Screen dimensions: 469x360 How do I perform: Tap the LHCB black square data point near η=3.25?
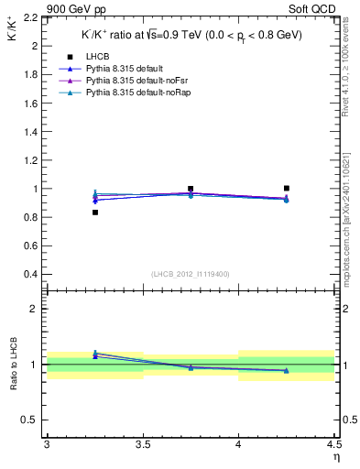[94, 213]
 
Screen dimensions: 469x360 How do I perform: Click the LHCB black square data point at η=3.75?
[191, 189]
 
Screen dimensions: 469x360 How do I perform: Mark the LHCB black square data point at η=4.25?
[287, 188]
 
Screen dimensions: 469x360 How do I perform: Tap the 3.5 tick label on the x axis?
[143, 445]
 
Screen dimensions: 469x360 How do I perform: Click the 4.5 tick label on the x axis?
[333, 445]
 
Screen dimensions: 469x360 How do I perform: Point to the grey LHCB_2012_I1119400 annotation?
[190, 274]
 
